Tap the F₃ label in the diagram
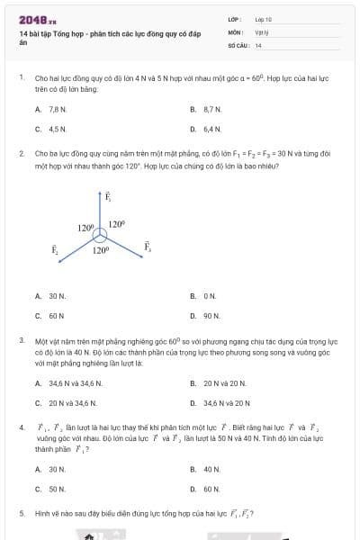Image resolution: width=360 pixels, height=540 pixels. point(148,247)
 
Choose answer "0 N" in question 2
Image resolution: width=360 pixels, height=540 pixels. point(211,295)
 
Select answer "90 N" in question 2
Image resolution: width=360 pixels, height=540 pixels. point(212,316)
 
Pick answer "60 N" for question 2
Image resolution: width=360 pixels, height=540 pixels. point(57,316)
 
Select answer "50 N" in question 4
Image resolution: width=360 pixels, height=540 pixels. point(57,489)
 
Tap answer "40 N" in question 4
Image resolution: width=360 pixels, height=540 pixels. point(212,469)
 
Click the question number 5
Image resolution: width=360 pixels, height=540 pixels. point(21,513)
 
